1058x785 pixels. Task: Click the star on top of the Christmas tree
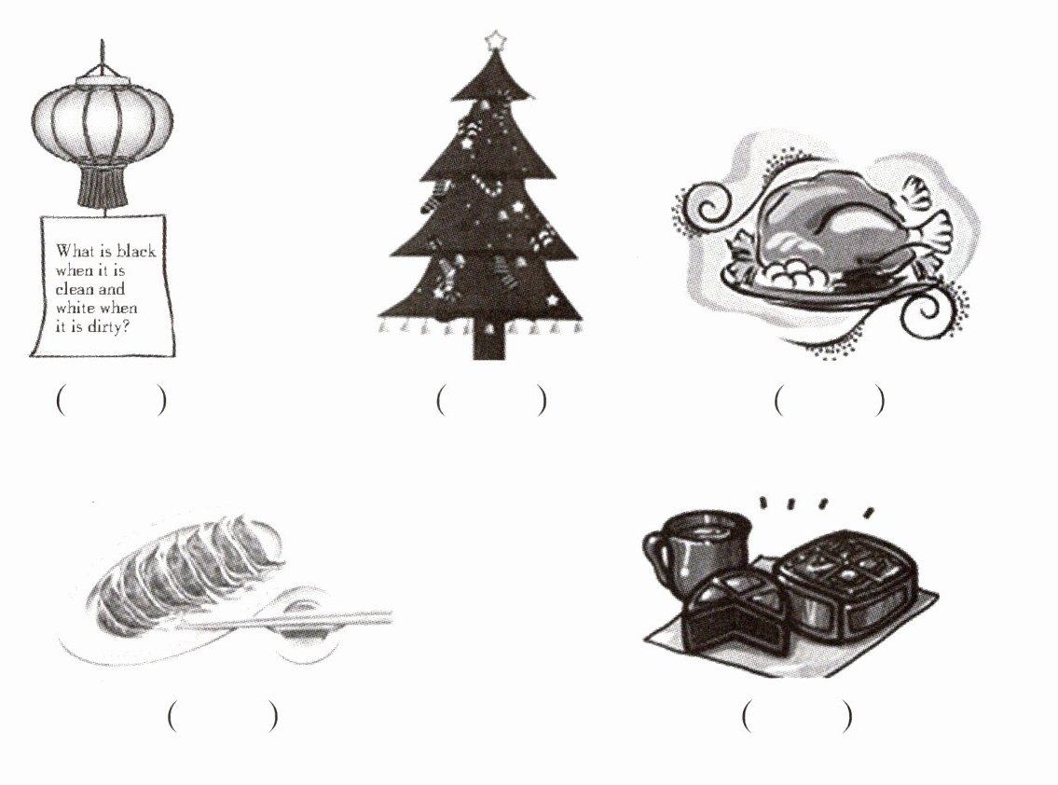(495, 40)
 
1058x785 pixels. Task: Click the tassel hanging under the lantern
(102, 186)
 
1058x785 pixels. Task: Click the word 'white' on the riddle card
(75, 309)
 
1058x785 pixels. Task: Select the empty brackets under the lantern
(111, 400)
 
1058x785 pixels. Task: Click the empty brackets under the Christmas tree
(491, 400)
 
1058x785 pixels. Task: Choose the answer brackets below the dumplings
(223, 715)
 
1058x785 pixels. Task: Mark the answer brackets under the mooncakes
(797, 715)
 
